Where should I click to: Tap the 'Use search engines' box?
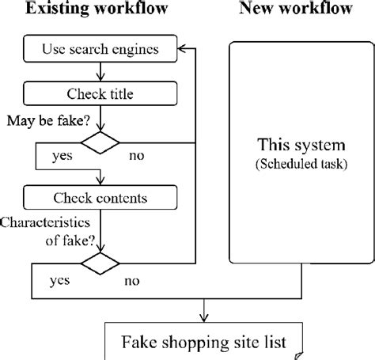(x=100, y=51)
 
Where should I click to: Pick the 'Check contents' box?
(x=100, y=195)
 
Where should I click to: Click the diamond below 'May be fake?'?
(x=100, y=143)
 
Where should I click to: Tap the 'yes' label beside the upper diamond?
(x=61, y=156)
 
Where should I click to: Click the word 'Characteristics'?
(x=44, y=225)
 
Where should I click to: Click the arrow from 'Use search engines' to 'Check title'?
(x=100, y=74)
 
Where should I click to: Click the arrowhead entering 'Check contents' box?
(x=100, y=180)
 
